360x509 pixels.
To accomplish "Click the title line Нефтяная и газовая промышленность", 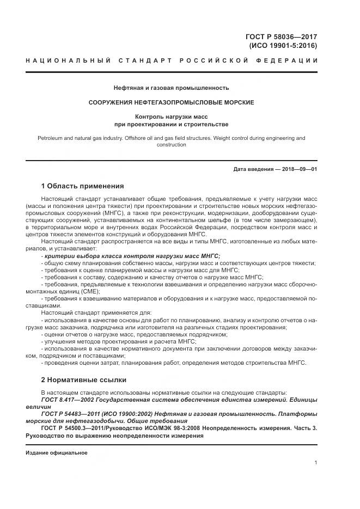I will pyautogui.click(x=171, y=88).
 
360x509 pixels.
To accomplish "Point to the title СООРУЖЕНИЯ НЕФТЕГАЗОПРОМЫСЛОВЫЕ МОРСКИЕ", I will pyautogui.click(x=171, y=102).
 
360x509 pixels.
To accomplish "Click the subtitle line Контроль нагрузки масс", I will pyautogui.click(x=171, y=116).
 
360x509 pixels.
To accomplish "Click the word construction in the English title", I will pyautogui.click(x=171, y=145).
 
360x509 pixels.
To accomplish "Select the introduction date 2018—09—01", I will pyautogui.click(x=298, y=169).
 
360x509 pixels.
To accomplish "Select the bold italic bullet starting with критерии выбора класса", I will pyautogui.click(x=131, y=255).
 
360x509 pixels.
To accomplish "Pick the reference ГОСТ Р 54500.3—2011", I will pyautogui.click(x=77, y=428).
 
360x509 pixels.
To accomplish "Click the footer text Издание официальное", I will pyautogui.click(x=56, y=452).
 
